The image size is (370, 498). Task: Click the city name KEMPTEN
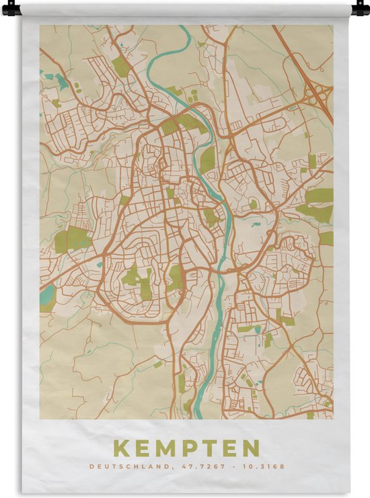click(x=186, y=448)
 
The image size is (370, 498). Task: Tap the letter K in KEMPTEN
click(x=121, y=448)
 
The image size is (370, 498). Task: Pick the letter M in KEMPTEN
click(x=163, y=448)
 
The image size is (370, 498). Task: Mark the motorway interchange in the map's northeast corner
click(x=317, y=94)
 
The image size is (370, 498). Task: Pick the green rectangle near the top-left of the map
click(x=120, y=66)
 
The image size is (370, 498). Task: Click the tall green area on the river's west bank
click(x=208, y=161)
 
